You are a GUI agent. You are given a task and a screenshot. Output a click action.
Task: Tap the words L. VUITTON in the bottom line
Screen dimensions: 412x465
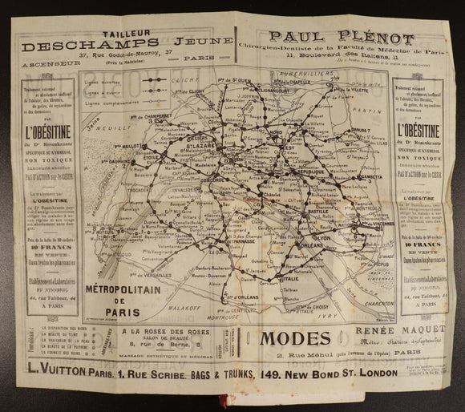point(47,371)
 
